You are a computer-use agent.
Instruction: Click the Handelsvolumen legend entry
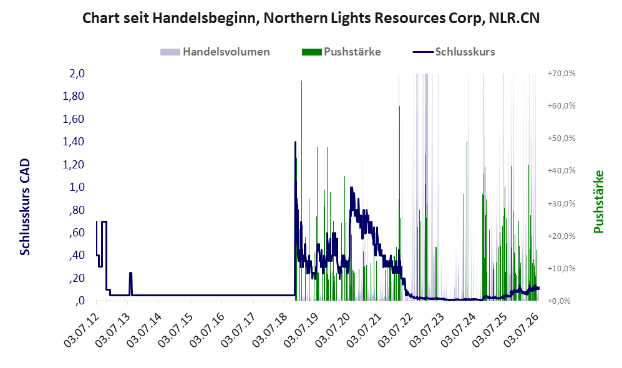click(215, 52)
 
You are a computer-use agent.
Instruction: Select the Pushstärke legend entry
click(341, 52)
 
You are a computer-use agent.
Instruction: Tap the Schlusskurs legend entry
click(454, 52)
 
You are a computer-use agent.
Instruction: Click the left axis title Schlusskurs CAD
click(25, 207)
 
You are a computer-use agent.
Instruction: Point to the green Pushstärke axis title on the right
click(598, 201)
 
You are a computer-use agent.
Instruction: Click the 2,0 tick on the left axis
click(77, 74)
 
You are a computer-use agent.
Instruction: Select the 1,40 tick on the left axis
click(74, 142)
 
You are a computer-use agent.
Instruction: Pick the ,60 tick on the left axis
click(77, 233)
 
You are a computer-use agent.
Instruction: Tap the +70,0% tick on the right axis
click(561, 74)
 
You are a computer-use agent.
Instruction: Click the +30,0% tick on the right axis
click(561, 203)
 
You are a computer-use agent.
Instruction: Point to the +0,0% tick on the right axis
click(560, 301)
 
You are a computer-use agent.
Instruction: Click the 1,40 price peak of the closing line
click(295, 142)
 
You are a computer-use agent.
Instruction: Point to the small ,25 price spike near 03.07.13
click(130, 273)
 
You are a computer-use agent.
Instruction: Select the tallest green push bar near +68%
click(301, 190)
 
